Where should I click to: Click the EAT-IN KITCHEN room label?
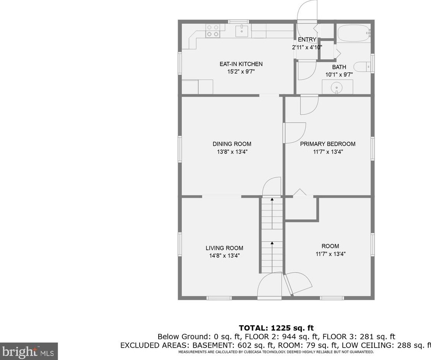tap(241, 64)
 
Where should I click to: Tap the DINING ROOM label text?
tap(232, 144)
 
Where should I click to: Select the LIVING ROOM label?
tap(224, 248)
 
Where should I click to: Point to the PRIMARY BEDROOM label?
tap(328, 144)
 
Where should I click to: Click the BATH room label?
tap(339, 67)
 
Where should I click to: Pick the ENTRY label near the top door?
tap(307, 39)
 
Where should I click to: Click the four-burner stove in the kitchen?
tap(213, 31)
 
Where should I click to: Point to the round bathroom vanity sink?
tap(337, 88)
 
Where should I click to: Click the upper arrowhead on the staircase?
tap(272, 199)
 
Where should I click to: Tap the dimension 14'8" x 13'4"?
tap(224, 256)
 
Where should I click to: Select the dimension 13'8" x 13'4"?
tap(232, 152)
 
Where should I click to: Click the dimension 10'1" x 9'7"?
tap(339, 75)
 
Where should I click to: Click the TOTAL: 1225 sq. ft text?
tap(276, 328)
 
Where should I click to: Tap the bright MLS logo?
tap(29, 351)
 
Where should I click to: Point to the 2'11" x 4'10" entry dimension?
tap(307, 47)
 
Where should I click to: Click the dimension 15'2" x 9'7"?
tap(241, 72)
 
